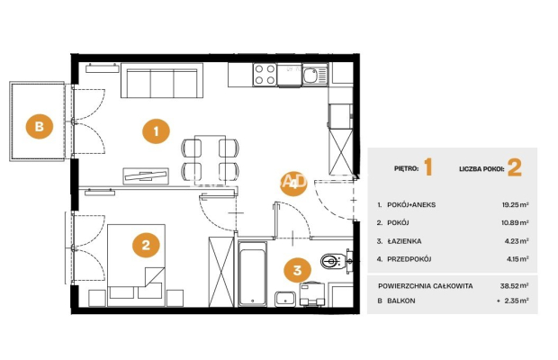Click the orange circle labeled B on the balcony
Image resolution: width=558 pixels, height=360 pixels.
point(39,126)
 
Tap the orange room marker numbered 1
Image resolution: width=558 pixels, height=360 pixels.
point(156,131)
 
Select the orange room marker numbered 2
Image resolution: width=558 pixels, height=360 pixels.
point(146,245)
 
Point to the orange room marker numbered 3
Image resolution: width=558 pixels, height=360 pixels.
point(297,270)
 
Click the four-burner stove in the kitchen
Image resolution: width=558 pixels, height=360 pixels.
point(265,75)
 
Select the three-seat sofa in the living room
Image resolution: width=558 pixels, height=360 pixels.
point(162,80)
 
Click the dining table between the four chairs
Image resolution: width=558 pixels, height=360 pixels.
point(210,157)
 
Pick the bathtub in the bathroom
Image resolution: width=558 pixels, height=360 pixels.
point(253,274)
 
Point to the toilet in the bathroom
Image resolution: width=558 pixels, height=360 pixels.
point(333,262)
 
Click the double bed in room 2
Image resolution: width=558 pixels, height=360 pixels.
point(136,265)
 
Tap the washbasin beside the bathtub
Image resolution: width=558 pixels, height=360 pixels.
point(284,299)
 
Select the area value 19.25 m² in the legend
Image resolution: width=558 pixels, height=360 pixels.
point(515,205)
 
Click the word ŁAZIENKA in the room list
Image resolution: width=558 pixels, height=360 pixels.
point(404,241)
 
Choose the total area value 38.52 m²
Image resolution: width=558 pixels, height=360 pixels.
point(514,285)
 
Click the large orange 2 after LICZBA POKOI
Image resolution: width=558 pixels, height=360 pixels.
point(515,168)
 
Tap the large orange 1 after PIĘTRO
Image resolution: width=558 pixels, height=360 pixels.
point(428,168)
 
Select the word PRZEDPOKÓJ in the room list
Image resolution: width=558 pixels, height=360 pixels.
point(409,259)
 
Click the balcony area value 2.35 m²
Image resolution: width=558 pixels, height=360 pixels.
point(516,301)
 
